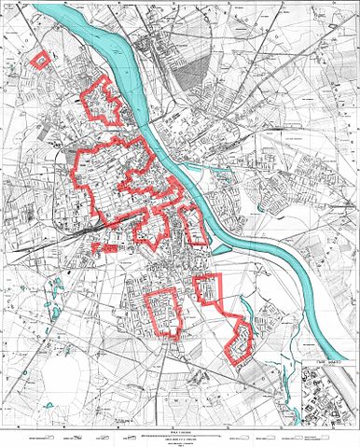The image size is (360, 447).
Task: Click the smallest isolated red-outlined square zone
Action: [40, 59]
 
